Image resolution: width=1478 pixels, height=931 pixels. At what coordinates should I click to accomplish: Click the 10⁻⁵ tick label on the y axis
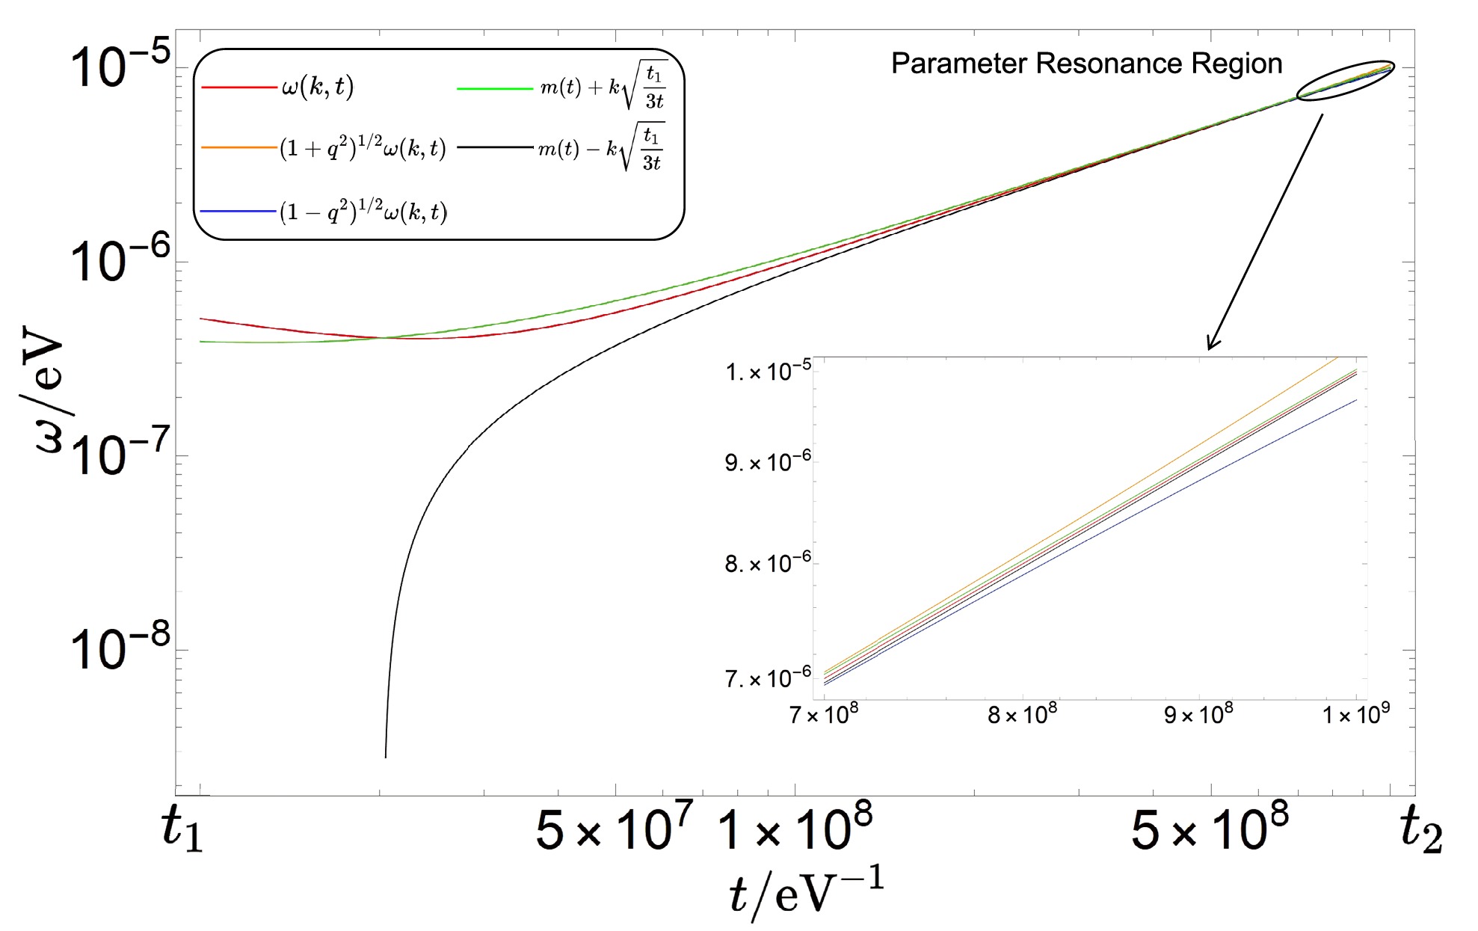[x=120, y=66]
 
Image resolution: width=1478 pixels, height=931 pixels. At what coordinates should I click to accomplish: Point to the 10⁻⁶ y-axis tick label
[x=120, y=259]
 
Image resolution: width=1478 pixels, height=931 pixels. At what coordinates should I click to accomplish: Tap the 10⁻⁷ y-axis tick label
[x=120, y=453]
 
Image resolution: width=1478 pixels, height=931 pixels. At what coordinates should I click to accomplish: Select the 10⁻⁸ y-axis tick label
[x=120, y=647]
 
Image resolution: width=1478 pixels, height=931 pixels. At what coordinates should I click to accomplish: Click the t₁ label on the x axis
[x=182, y=829]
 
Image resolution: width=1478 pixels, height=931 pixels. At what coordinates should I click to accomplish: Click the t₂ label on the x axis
[x=1420, y=829]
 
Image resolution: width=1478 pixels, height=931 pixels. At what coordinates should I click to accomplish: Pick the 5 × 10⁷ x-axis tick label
[x=614, y=829]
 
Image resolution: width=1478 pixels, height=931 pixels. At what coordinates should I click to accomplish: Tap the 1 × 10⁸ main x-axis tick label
[x=795, y=829]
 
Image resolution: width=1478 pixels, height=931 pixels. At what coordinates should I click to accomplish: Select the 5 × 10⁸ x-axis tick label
[x=1210, y=829]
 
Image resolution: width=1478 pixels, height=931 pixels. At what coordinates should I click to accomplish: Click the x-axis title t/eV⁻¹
[x=806, y=892]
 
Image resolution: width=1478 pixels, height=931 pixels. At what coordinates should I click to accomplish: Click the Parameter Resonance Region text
[x=1086, y=64]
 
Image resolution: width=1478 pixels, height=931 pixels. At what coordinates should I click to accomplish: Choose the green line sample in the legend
[x=494, y=88]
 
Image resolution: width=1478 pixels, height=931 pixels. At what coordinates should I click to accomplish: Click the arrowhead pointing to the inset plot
[x=1212, y=345]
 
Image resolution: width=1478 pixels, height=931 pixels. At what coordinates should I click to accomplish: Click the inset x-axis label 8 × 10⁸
[x=1022, y=715]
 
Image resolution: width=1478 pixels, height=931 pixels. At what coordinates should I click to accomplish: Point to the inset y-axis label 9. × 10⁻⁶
[x=768, y=462]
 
